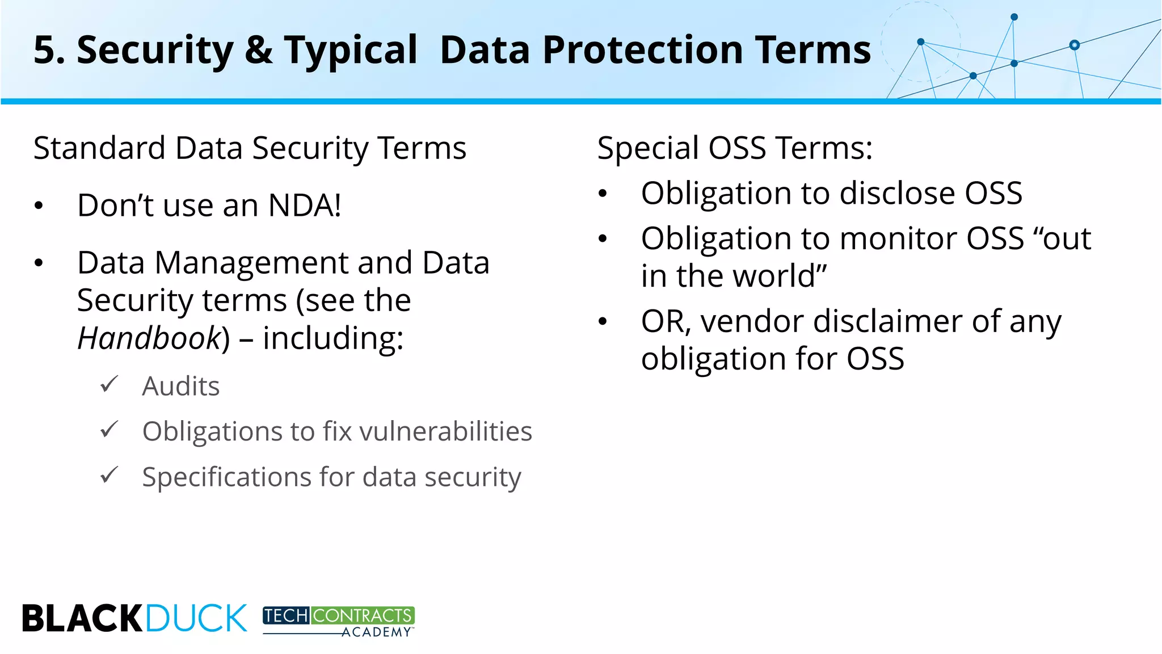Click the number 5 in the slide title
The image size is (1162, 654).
pos(45,50)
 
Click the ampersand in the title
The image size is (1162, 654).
pos(259,50)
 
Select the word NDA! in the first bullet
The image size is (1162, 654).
pos(305,205)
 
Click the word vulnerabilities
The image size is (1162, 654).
pos(445,431)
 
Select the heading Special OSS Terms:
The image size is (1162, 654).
pos(735,148)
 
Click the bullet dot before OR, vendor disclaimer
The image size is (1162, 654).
pos(603,322)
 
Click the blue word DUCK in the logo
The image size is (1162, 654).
pos(196,618)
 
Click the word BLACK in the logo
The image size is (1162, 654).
pos(83,618)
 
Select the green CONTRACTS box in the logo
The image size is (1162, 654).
pos(363,615)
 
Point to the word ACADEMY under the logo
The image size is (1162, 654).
pos(376,632)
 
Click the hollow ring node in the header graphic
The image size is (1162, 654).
pos(1074,45)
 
